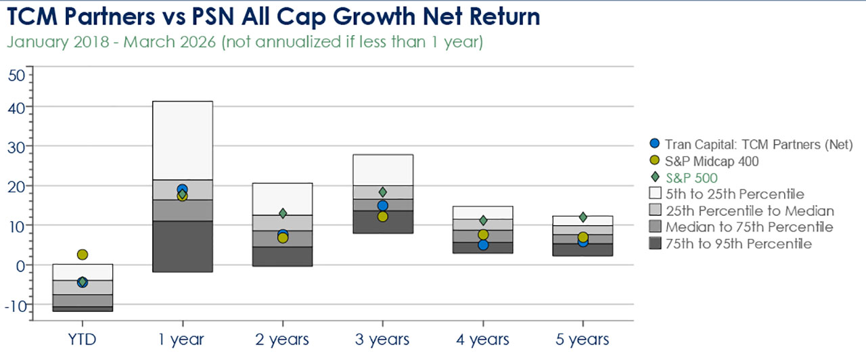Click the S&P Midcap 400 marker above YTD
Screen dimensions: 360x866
(x=82, y=254)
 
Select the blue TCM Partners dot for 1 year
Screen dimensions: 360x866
(x=182, y=189)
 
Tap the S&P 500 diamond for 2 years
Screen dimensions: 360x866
(x=283, y=213)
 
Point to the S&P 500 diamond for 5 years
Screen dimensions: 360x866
(x=583, y=217)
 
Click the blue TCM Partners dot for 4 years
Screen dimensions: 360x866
(x=483, y=244)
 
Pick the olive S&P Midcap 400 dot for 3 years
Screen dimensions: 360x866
(x=382, y=217)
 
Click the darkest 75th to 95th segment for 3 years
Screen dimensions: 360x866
(x=382, y=222)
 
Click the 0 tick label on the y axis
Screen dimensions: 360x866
(x=20, y=265)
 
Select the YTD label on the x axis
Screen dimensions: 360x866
(x=82, y=339)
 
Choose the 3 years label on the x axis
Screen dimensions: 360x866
(x=382, y=339)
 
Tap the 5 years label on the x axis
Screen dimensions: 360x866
(x=583, y=339)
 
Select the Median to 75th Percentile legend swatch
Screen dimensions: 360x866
(x=654, y=227)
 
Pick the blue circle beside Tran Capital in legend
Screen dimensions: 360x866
(x=654, y=143)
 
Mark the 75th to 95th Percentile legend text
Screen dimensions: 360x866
(x=738, y=244)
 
